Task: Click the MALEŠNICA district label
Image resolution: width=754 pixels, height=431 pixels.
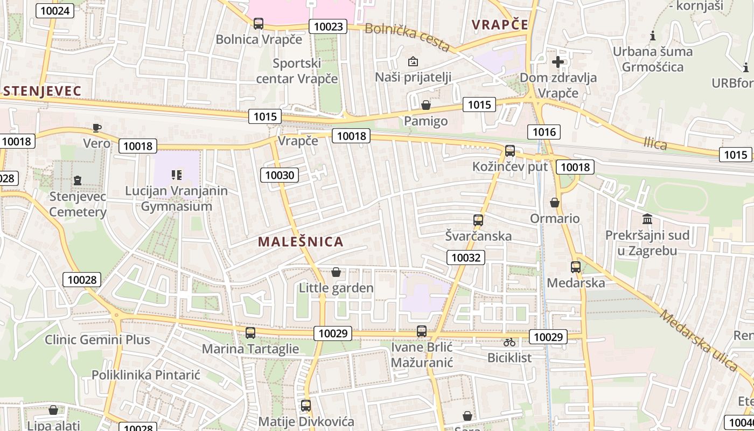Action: (x=301, y=241)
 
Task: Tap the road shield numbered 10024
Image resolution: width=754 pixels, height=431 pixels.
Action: (x=55, y=10)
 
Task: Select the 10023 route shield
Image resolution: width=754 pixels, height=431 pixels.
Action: (x=327, y=26)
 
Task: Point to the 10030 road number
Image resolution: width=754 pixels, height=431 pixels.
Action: (x=280, y=175)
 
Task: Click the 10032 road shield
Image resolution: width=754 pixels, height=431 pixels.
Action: (x=465, y=258)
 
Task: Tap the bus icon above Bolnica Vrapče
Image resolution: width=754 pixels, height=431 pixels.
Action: (x=259, y=24)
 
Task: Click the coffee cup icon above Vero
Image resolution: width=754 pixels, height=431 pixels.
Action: (x=96, y=128)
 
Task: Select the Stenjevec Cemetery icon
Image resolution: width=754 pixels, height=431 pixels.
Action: (x=78, y=180)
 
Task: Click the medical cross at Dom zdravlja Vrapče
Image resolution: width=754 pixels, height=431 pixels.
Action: (x=558, y=61)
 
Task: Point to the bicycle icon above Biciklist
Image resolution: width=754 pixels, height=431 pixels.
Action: (x=509, y=342)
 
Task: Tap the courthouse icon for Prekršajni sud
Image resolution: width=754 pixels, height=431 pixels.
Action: (x=647, y=219)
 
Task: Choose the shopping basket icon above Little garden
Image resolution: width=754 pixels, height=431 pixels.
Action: (x=336, y=272)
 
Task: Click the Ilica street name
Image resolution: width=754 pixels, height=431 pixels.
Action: (x=655, y=143)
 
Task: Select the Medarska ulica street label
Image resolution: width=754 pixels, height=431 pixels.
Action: (x=698, y=340)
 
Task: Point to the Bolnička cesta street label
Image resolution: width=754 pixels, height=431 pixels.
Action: (x=407, y=38)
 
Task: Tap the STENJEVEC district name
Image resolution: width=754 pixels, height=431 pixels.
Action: (x=41, y=91)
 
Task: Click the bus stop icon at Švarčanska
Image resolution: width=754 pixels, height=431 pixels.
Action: (x=478, y=220)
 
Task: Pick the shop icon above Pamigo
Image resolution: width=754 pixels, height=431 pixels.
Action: (x=426, y=105)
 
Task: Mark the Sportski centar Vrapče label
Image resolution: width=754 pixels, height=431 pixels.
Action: (x=297, y=71)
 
